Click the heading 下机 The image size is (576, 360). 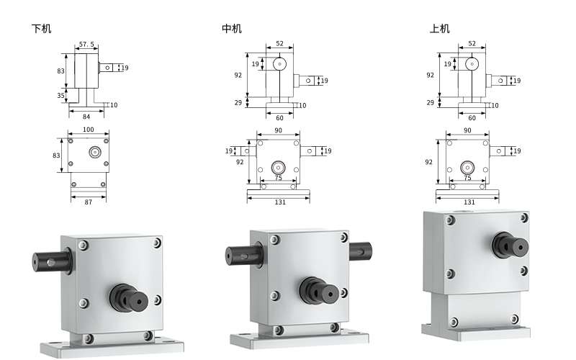coord(42,29)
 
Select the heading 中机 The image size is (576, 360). coord(232,29)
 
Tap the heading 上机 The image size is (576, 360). coord(440,29)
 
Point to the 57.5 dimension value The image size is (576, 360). coord(86,45)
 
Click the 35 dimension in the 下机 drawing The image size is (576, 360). coord(61,96)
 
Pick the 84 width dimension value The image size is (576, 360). coord(86,117)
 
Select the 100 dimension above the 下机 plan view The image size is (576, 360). coord(89,130)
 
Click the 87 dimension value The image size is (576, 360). coord(89,202)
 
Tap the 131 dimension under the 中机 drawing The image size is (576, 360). coord(280,202)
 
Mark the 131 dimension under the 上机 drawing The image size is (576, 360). coord(469,202)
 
